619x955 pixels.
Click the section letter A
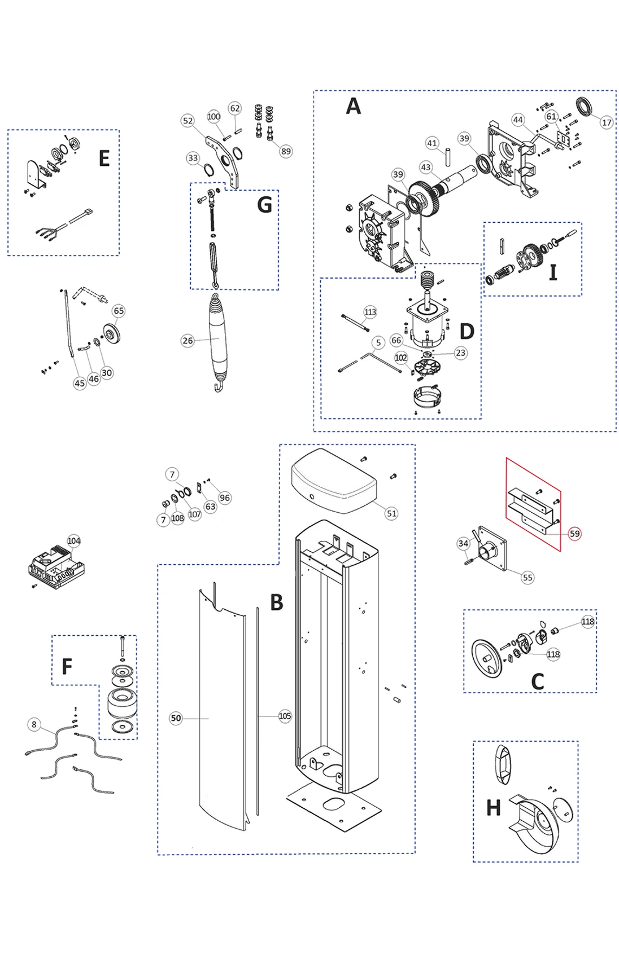353,106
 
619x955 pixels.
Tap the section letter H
493,808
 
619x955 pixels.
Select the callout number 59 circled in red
574,534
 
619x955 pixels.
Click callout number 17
606,122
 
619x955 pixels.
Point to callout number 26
188,341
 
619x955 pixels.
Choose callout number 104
74,541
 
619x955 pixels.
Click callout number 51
391,513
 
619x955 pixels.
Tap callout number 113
370,312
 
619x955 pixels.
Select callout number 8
34,724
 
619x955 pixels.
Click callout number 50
176,718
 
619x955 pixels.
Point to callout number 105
285,716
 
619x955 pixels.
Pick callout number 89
286,151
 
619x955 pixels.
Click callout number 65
119,311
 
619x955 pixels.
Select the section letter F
67,666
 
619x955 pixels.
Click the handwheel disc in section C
486,657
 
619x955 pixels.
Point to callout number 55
528,578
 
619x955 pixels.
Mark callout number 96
225,498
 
